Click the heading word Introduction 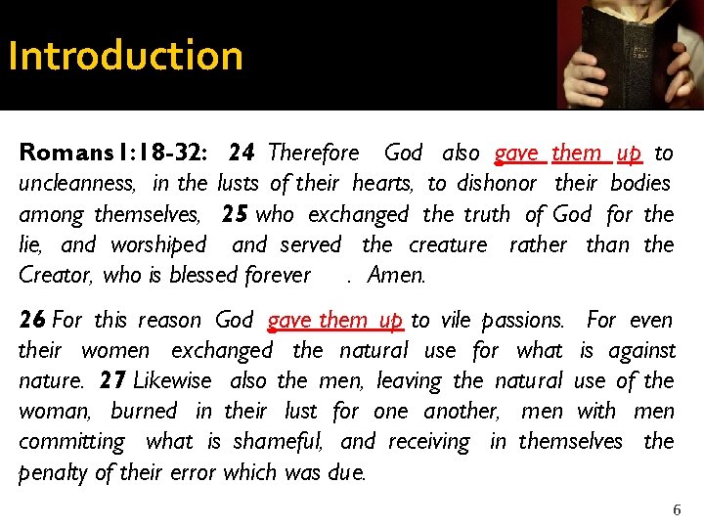pyautogui.click(x=125, y=56)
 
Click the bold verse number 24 pyautogui.click(x=242, y=153)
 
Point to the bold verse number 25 pyautogui.click(x=235, y=214)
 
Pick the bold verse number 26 pyautogui.click(x=31, y=320)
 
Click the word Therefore pyautogui.click(x=313, y=153)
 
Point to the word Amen pyautogui.click(x=397, y=276)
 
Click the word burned pyautogui.click(x=144, y=411)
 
